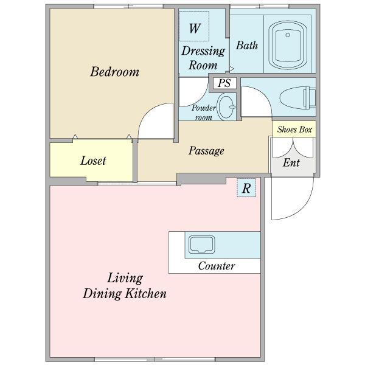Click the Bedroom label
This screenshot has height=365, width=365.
click(x=115, y=71)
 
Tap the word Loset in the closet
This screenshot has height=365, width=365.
click(x=93, y=161)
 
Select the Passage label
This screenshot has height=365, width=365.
click(x=206, y=151)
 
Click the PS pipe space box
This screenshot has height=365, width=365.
click(x=224, y=83)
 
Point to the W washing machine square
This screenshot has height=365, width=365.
click(x=194, y=26)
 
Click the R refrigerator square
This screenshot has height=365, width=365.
click(x=246, y=188)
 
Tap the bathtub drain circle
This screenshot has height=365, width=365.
click(x=288, y=35)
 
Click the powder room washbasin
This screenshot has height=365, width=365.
click(x=226, y=106)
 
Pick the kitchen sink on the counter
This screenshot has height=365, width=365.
click(x=201, y=245)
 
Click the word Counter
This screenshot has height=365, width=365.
click(x=217, y=266)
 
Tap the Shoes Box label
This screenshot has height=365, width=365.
click(x=294, y=130)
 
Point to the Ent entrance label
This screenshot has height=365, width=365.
click(x=291, y=162)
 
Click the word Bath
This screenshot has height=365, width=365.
click(x=247, y=45)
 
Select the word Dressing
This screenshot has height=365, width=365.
click(x=203, y=51)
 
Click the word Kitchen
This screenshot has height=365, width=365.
click(x=146, y=294)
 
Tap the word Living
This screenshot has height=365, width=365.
click(x=125, y=279)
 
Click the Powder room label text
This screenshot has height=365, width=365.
click(x=203, y=113)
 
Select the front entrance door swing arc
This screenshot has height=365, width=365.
click(x=304, y=209)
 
